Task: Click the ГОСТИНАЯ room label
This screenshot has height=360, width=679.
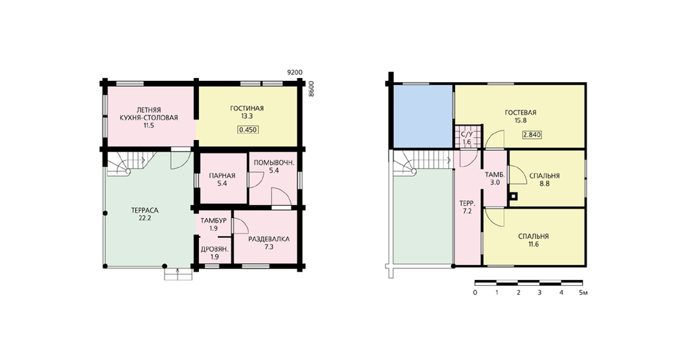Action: pos(247,108)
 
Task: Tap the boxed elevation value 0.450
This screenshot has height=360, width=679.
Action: pos(248,130)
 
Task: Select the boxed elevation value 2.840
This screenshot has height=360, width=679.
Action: pos(532,134)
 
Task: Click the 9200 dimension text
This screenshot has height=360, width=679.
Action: pos(295,73)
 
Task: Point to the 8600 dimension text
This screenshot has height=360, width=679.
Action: pos(310,89)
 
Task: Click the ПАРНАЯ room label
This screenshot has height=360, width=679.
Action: pos(222,175)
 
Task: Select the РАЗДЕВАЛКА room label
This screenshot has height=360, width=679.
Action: pos(269,239)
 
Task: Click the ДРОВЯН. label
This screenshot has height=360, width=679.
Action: pos(215,249)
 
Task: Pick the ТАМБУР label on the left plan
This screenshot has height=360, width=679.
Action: pos(213,221)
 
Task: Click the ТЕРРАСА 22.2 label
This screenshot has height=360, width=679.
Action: pos(145,215)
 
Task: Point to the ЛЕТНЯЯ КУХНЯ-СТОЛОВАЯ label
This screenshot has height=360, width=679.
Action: pos(149,118)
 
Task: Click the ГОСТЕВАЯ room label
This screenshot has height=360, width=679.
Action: pos(521,113)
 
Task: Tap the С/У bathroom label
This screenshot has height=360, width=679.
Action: pos(466,134)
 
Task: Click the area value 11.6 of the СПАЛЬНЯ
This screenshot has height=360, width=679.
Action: pos(534,245)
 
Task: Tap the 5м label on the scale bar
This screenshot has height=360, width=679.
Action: pos(583,293)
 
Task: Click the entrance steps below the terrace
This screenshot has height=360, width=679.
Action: pos(178,274)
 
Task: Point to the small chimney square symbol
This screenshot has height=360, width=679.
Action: pos(513,196)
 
